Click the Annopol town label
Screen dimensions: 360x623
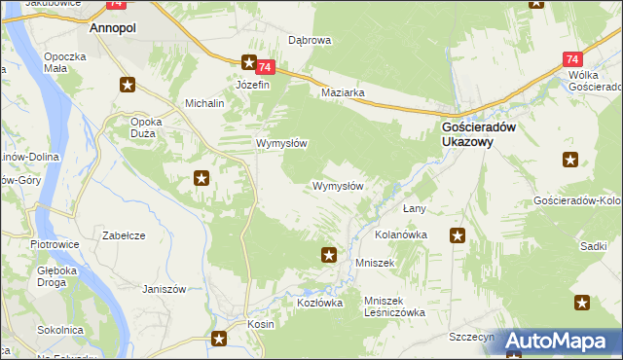tap(112, 29)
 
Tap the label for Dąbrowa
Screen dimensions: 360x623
tap(311, 41)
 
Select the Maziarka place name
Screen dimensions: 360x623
tap(343, 93)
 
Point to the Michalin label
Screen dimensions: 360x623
tap(204, 102)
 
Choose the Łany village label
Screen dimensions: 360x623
tap(416, 209)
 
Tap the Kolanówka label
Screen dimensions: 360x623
tap(402, 235)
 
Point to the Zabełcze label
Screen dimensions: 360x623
tap(124, 235)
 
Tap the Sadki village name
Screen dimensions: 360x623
tap(593, 247)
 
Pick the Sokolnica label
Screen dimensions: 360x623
tap(58, 330)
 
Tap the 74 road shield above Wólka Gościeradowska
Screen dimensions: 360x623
tap(572, 58)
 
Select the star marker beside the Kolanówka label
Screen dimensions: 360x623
tap(457, 234)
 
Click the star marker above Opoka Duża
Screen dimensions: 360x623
tap(127, 85)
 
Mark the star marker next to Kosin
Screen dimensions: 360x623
tap(219, 339)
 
